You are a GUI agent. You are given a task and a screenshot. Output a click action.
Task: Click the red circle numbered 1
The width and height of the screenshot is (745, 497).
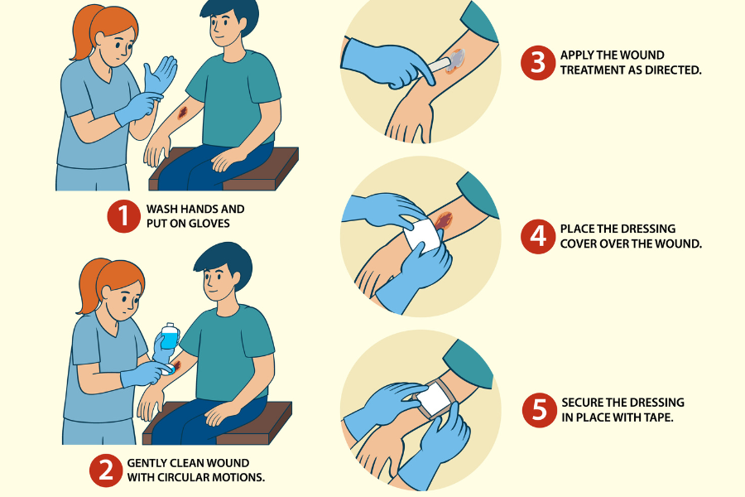tap(123, 216)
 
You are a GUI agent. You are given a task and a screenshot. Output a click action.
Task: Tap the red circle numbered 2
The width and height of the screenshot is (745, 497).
tap(105, 470)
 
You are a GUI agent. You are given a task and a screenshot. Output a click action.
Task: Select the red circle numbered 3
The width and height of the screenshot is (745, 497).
tap(537, 62)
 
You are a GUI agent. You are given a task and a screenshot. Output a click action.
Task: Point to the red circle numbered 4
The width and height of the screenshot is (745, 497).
tap(537, 236)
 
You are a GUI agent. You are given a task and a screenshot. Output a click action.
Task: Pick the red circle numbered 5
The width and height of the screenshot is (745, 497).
tap(539, 410)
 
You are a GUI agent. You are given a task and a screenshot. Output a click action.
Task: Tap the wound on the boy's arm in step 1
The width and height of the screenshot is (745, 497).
tap(182, 113)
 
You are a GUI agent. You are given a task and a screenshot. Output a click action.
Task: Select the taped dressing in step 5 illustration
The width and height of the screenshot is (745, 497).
tap(431, 398)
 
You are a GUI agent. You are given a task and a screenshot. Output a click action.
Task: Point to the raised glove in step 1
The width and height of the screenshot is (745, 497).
tap(160, 75)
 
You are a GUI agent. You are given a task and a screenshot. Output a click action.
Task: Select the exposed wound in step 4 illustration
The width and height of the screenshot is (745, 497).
tap(444, 220)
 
